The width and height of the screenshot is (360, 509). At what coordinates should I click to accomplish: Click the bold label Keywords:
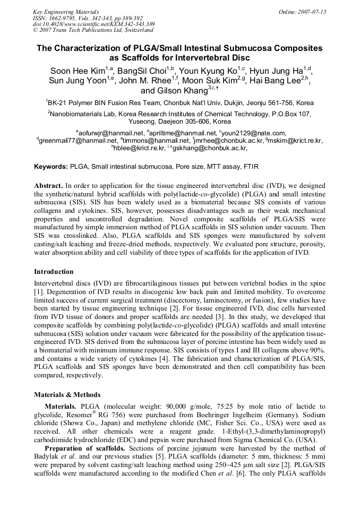click(x=51, y=167)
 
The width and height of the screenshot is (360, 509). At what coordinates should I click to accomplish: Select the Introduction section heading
click(x=54, y=272)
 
